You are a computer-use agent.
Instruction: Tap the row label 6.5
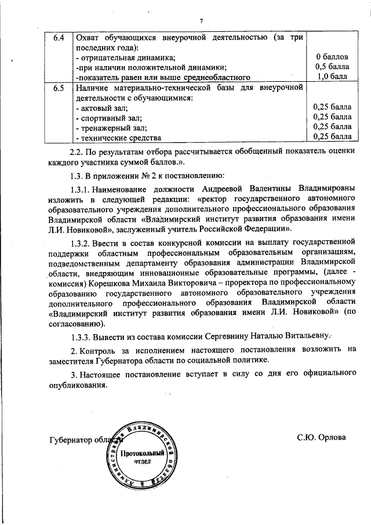58,88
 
